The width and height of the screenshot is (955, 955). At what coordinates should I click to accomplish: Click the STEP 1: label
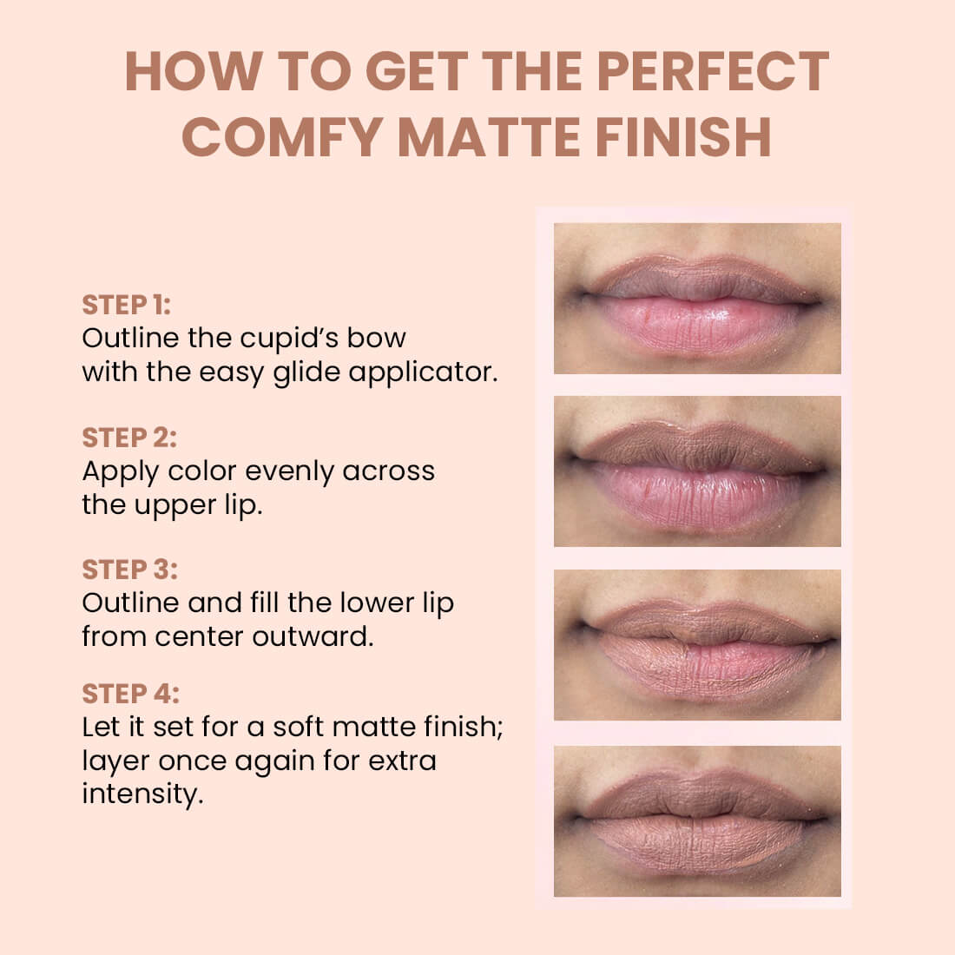tap(126, 305)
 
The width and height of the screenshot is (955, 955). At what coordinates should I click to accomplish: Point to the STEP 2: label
tap(129, 438)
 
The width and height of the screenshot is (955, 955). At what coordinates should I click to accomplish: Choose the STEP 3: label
tap(129, 570)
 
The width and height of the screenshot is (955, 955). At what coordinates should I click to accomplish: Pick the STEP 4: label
tap(130, 695)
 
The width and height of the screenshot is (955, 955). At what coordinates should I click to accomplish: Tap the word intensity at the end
tap(142, 794)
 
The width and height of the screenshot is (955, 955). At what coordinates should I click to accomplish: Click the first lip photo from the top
tap(697, 299)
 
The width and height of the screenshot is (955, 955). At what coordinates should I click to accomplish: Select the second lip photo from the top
tap(697, 471)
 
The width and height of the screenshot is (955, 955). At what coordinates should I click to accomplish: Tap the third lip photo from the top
tap(697, 645)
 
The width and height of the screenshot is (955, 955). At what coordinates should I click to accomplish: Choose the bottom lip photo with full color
tap(697, 820)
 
